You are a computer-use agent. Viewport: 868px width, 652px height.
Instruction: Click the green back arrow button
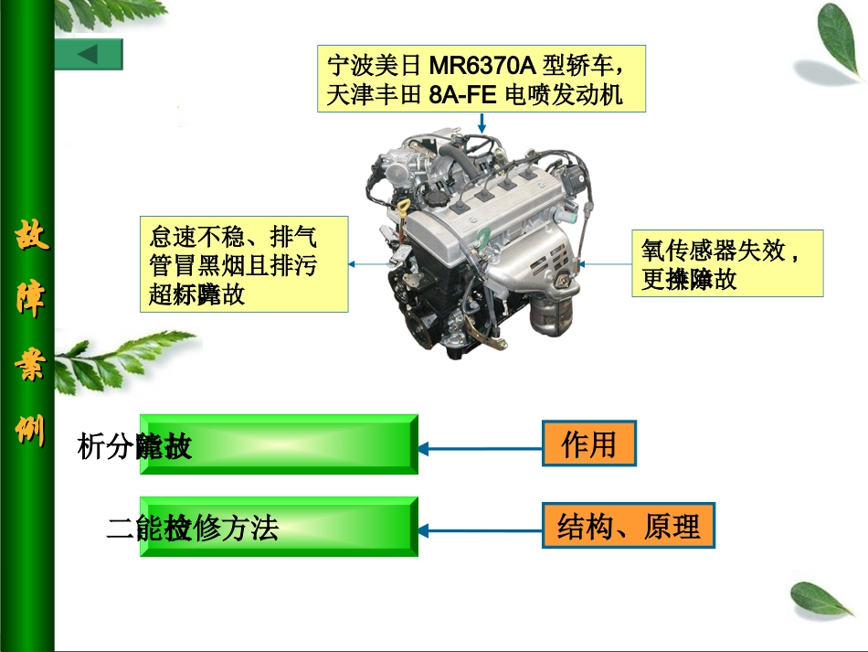(88, 54)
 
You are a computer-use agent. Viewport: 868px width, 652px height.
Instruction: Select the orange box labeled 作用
(587, 445)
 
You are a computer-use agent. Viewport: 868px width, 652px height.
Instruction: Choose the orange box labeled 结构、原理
(628, 527)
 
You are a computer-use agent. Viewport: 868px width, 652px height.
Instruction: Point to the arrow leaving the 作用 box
(480, 448)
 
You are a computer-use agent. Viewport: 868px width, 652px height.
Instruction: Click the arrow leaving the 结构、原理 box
(480, 529)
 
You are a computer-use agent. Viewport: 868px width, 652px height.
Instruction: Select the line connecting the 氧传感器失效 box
(603, 263)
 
